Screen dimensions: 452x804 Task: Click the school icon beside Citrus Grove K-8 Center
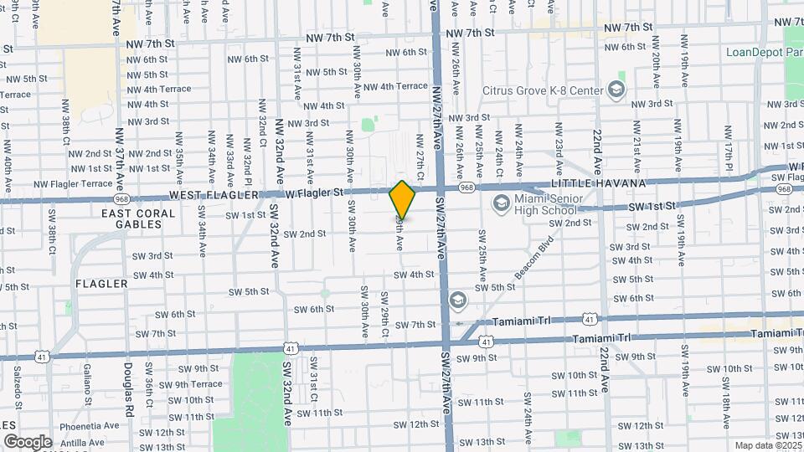click(x=616, y=90)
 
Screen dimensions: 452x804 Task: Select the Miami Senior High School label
click(x=549, y=204)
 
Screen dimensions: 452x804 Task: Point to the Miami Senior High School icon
click(x=502, y=203)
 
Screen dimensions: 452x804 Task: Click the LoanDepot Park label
click(x=765, y=52)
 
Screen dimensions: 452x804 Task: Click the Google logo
click(x=28, y=441)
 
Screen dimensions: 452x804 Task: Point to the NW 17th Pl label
click(x=729, y=154)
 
